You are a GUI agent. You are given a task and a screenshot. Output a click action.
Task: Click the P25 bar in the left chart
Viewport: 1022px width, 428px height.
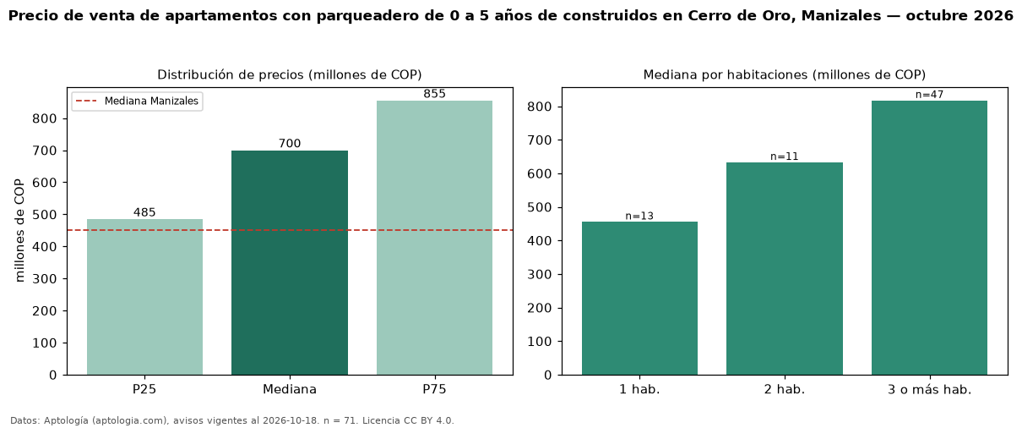coord(144,297)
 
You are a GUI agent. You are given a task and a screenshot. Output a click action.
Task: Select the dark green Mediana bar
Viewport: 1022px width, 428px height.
coord(290,263)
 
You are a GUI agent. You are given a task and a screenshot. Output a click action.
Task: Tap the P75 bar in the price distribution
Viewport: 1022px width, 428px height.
coord(434,238)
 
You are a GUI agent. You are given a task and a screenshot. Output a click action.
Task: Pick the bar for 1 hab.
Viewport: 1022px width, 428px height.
coord(639,299)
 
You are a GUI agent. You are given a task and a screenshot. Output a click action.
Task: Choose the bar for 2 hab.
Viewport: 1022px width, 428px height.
coord(785,269)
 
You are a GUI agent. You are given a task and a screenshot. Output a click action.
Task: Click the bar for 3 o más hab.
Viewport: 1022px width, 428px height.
coord(929,238)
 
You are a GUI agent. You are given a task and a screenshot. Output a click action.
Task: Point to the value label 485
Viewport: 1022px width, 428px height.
coord(144,212)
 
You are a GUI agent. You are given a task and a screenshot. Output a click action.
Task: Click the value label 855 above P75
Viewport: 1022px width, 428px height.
coord(434,94)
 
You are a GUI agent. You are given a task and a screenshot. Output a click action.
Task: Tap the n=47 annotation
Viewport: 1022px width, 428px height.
coord(929,95)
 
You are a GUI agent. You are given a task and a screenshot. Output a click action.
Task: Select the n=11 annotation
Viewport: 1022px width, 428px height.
coord(785,156)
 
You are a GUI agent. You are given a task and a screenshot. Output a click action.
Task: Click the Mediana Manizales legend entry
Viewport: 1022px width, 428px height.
coord(137,101)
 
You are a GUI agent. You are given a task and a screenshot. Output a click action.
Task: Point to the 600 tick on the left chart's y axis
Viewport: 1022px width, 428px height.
coord(44,183)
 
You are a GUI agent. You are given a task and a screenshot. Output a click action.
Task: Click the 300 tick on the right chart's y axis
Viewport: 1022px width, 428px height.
coord(539,275)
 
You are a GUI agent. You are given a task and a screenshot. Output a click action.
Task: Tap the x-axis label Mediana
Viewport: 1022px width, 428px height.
coord(290,389)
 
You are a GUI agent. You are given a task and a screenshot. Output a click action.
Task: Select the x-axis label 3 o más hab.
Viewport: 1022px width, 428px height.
coord(929,390)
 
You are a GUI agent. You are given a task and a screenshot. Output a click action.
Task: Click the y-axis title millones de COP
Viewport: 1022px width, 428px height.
coord(19,230)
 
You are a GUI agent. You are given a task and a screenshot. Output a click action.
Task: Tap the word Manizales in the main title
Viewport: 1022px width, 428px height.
coord(841,15)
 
